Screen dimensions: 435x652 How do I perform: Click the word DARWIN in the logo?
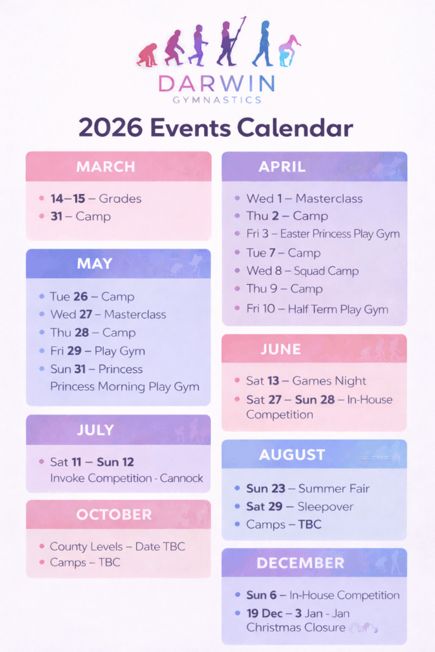coord(217,83)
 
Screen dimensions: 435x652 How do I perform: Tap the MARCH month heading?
coord(106,167)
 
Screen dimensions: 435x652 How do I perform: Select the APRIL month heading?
coord(282,167)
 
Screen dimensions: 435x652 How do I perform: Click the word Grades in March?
coord(120,199)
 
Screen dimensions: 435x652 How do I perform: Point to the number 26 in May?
coord(81,297)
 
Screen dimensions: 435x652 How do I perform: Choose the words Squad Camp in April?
coord(326,271)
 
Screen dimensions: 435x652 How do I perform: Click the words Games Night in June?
coord(329,381)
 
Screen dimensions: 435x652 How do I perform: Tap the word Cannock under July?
coord(182,478)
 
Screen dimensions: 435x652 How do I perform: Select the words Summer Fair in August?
coord(334,488)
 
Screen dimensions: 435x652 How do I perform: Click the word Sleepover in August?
coord(325,506)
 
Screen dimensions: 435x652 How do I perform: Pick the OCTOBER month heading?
coord(114,514)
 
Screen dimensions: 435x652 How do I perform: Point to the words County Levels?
coord(86,546)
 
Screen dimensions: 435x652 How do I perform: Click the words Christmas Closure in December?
coord(296,627)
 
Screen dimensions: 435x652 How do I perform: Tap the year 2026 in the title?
coord(111,127)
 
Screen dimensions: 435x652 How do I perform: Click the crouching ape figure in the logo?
coord(147,55)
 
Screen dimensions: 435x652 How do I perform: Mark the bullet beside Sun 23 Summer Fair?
coord(237,488)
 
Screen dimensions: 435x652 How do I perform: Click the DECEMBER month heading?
coord(300,563)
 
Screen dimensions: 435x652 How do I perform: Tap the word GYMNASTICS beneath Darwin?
coord(217,100)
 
